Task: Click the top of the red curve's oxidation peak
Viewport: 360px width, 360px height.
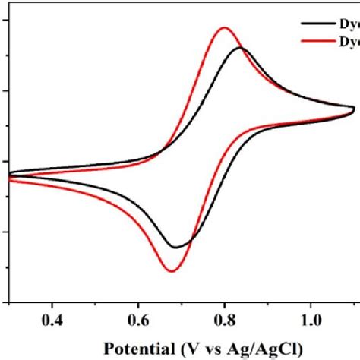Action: coord(224,28)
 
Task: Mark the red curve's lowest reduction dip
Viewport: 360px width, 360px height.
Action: coord(172,271)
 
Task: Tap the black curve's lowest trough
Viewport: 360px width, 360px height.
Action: coord(176,248)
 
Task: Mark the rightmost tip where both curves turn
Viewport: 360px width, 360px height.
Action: coord(355,111)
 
